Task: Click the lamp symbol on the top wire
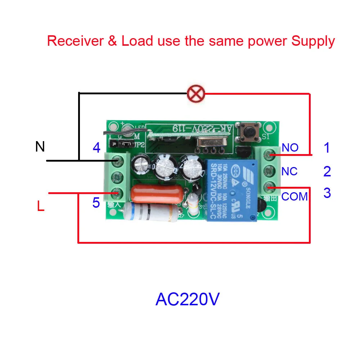click(195, 94)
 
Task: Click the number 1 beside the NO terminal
click(327, 148)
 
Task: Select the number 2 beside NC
click(327, 171)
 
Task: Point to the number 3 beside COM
click(327, 193)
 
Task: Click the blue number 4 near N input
click(96, 148)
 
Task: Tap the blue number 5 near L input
click(96, 203)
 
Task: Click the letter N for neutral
click(40, 147)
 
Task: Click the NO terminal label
click(290, 148)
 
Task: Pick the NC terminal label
click(289, 171)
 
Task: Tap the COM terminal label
click(294, 197)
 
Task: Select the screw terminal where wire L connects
click(116, 193)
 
